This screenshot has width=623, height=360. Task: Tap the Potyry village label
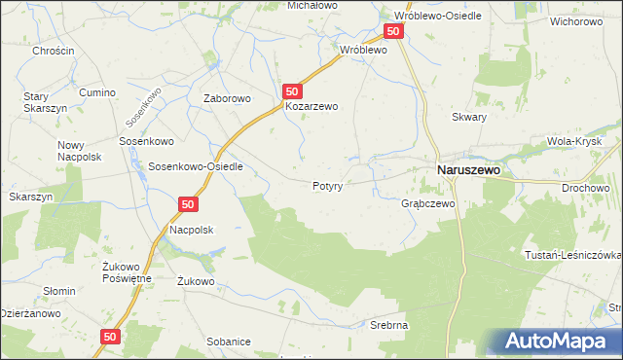pyautogui.click(x=327, y=185)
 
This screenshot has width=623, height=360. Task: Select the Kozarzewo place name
pyautogui.click(x=311, y=107)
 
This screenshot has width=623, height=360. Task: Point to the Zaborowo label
pyautogui.click(x=227, y=98)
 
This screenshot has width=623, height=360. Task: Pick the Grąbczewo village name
pyautogui.click(x=428, y=204)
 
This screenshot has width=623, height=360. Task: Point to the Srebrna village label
pyautogui.click(x=387, y=324)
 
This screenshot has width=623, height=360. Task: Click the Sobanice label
pyautogui.click(x=229, y=342)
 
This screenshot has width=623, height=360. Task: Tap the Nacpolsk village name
pyautogui.click(x=191, y=229)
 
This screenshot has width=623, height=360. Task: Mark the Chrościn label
pyautogui.click(x=53, y=51)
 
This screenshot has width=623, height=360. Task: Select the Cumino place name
pyautogui.click(x=98, y=92)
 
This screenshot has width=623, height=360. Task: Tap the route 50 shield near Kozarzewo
pyautogui.click(x=292, y=90)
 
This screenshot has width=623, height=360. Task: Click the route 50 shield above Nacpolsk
pyautogui.click(x=189, y=204)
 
